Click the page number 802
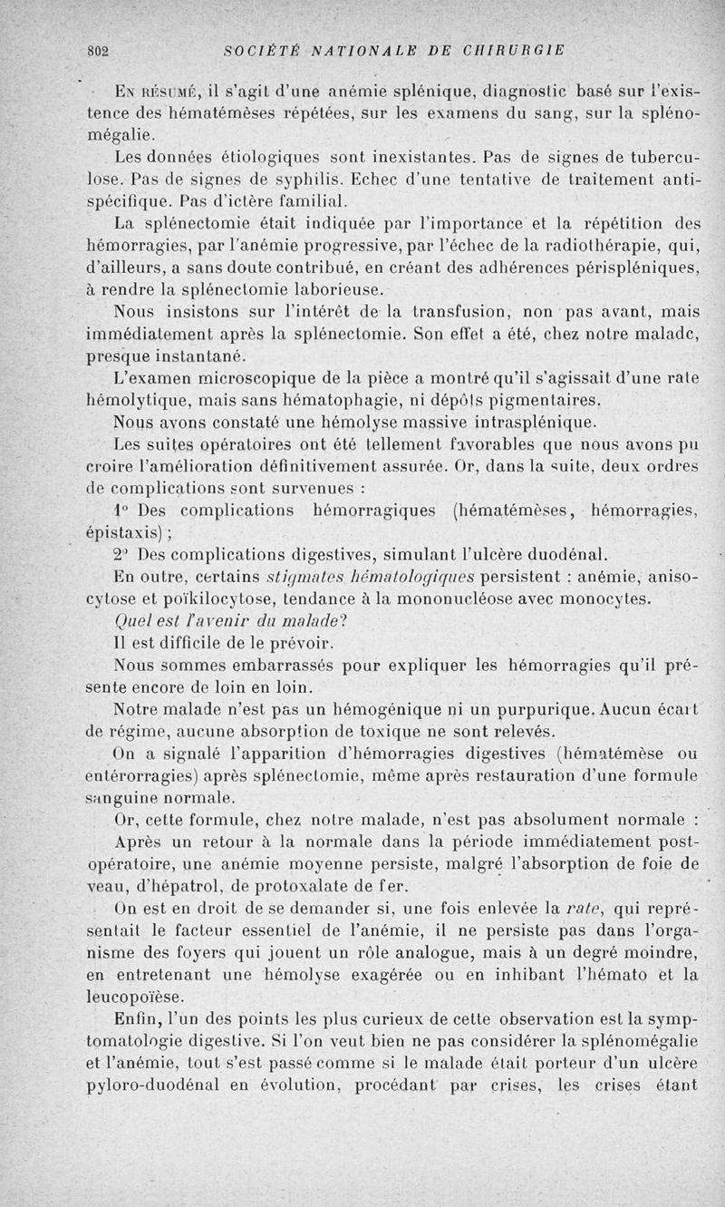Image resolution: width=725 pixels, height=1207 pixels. (97, 51)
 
